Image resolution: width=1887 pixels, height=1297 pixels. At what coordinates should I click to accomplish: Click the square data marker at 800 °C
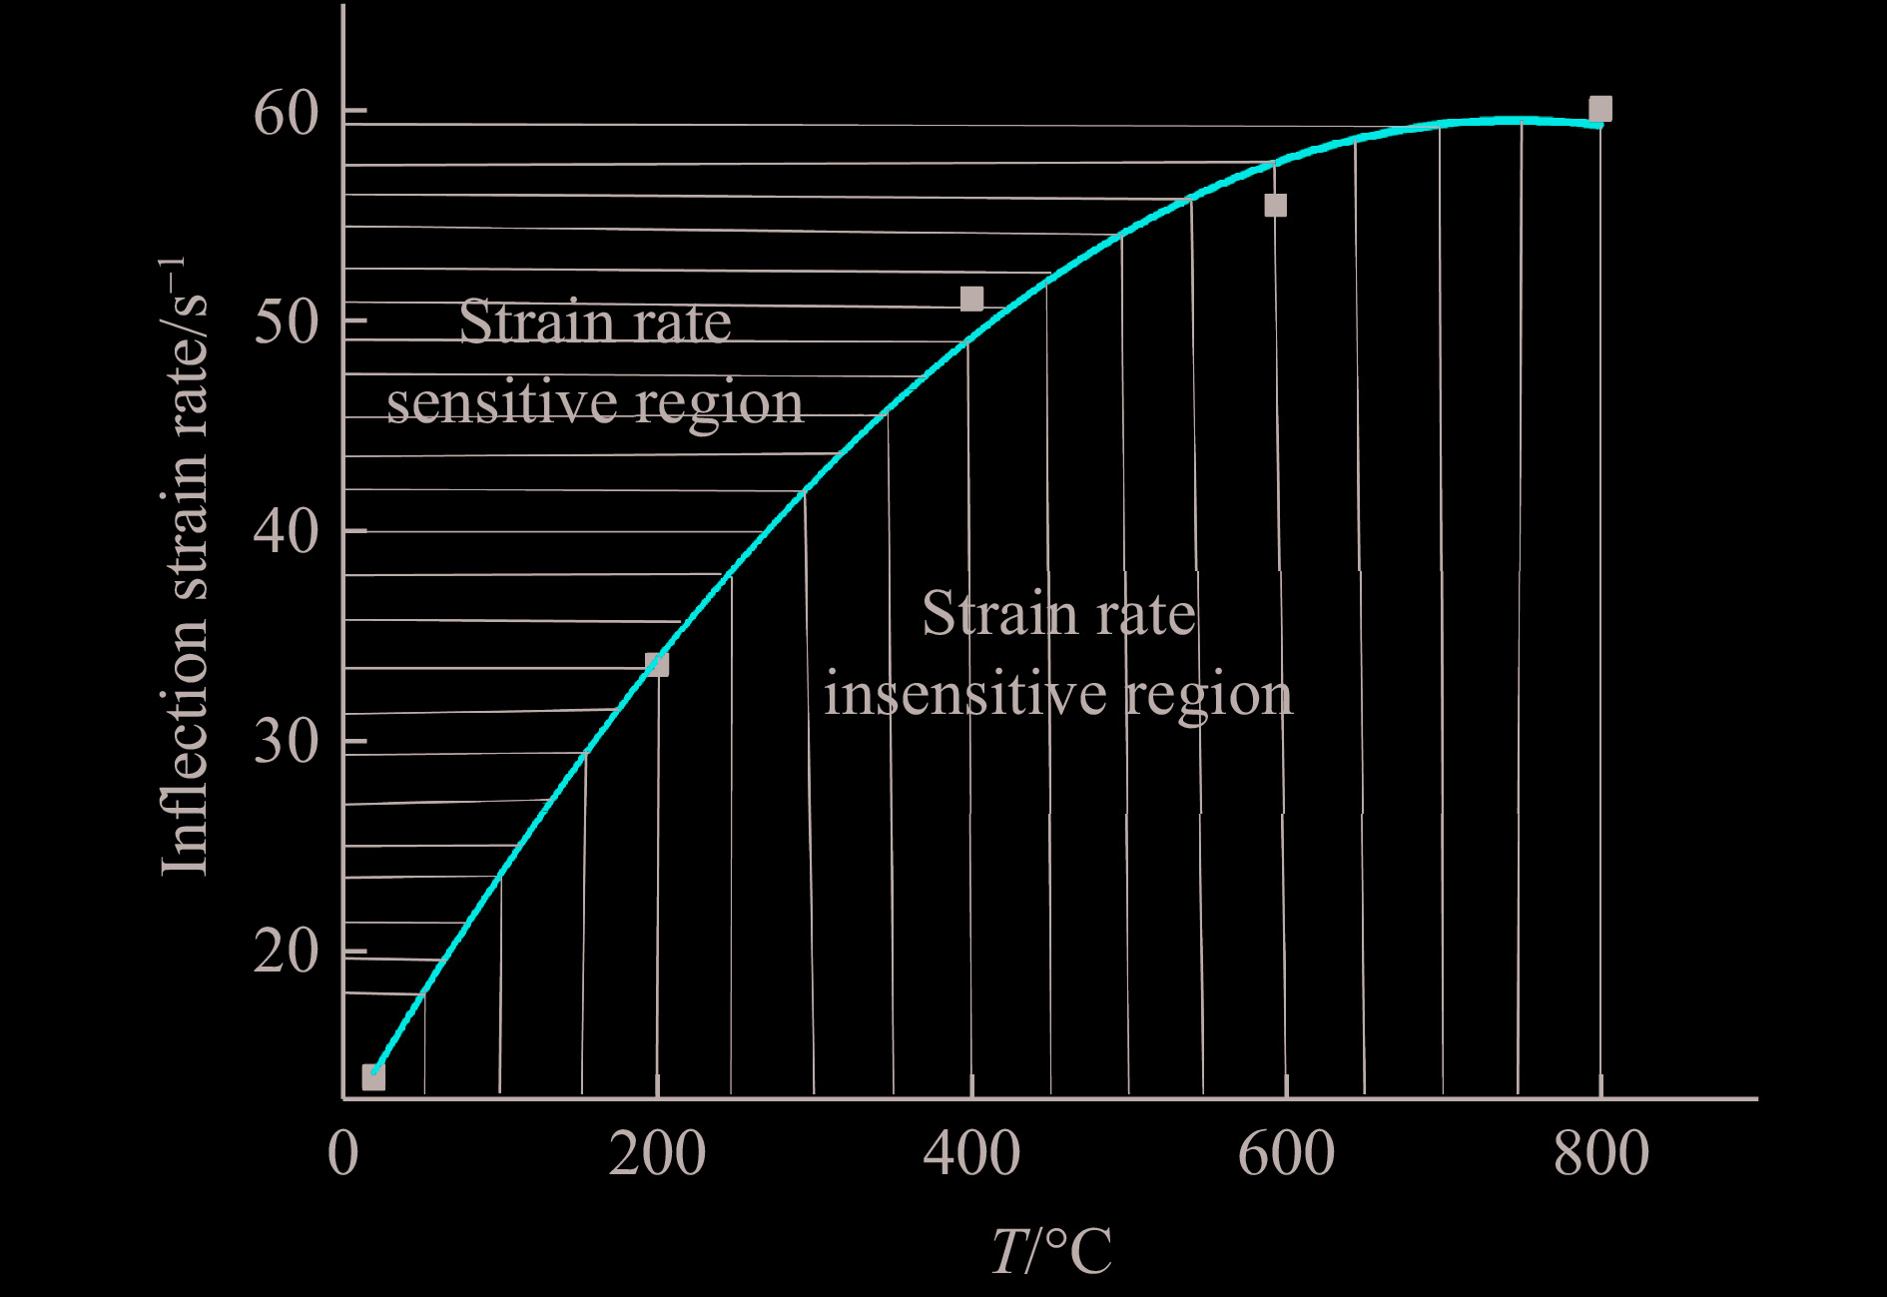coord(1599,109)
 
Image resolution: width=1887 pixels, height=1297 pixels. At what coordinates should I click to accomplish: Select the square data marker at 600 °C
coord(1275,206)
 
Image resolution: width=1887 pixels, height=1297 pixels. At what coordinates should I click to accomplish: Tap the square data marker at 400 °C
coord(971,299)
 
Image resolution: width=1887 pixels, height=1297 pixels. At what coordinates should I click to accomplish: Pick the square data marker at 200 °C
coord(657,664)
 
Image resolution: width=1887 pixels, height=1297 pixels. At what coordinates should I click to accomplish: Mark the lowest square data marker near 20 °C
coord(373,1077)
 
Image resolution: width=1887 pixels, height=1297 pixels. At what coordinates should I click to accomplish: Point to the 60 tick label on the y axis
coord(287,113)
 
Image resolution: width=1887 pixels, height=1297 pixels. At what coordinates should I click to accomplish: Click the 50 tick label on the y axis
coord(287,322)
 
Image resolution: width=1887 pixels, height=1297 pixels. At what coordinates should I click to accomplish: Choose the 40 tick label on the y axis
coord(287,531)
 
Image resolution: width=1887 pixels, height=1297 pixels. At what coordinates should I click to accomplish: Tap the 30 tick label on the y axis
coord(287,742)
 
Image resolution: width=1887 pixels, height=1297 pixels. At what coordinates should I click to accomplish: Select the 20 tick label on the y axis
coord(287,952)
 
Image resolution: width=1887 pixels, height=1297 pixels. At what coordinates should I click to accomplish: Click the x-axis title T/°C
coord(1051,1250)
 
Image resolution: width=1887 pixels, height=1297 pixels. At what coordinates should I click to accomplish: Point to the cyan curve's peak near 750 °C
coord(1520,121)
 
